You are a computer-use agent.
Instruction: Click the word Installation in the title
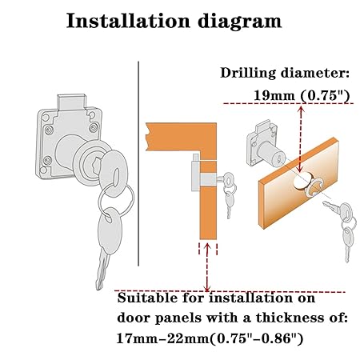pyautogui.click(x=128, y=21)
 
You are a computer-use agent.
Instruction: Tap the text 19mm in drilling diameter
pyautogui.click(x=274, y=95)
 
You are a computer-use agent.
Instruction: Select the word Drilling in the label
pyautogui.click(x=248, y=74)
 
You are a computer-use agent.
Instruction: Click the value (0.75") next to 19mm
pyautogui.click(x=325, y=96)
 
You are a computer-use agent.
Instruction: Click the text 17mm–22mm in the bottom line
pyautogui.click(x=163, y=339)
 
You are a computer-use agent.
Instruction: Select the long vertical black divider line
pyautogui.click(x=138, y=163)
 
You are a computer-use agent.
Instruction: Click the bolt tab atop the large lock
pyautogui.click(x=71, y=102)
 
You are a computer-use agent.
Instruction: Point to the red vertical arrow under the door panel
pyautogui.click(x=207, y=267)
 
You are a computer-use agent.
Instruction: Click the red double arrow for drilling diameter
pyautogui.click(x=301, y=138)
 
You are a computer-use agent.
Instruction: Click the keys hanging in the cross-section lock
pyautogui.click(x=230, y=194)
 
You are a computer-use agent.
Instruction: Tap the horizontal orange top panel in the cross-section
pyautogui.click(x=181, y=137)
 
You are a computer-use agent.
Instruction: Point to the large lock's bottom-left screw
pyautogui.click(x=48, y=159)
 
